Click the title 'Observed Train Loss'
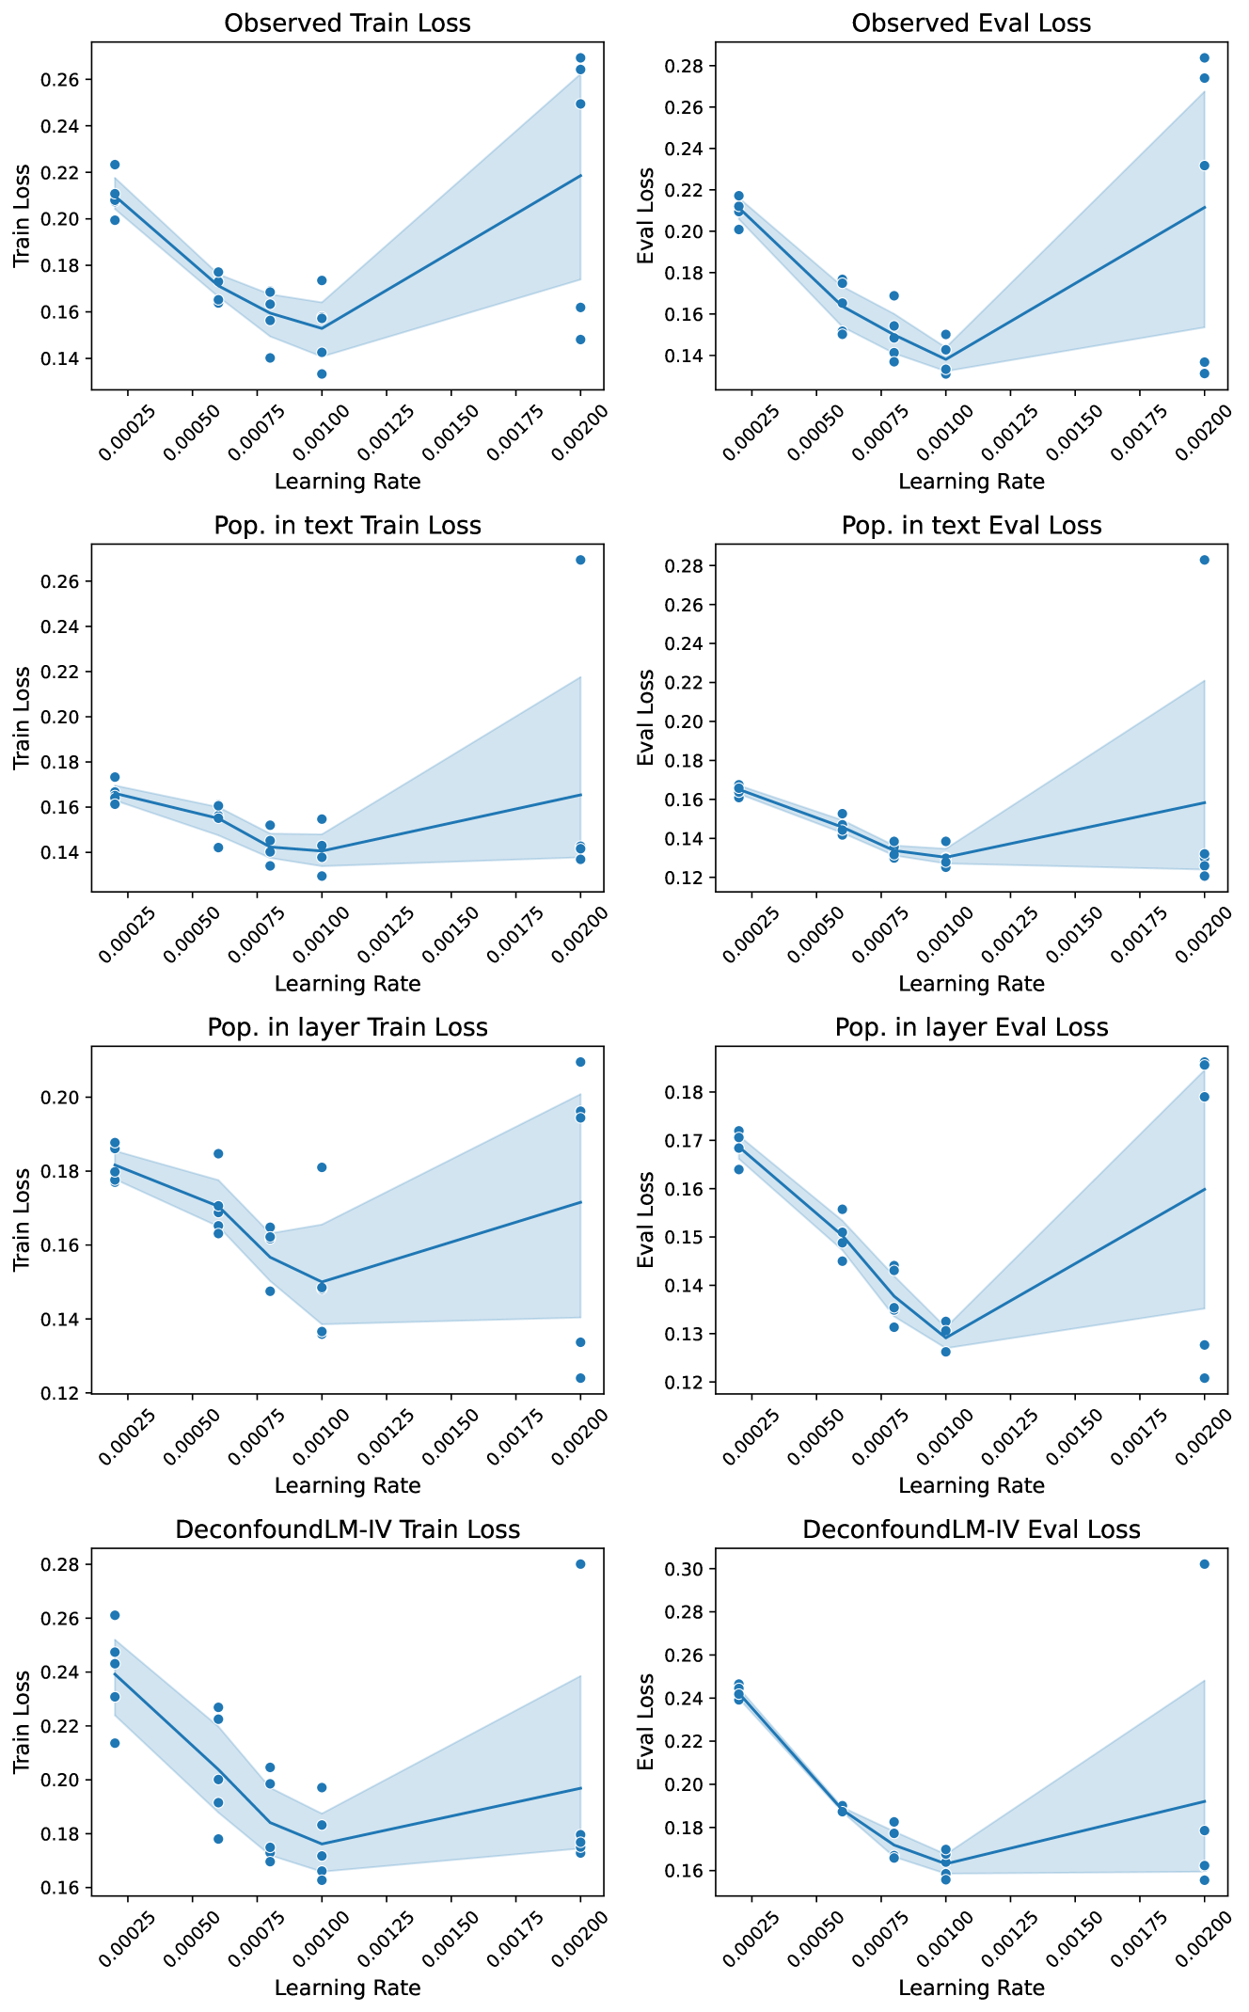pos(347,24)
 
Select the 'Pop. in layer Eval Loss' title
pos(972,1027)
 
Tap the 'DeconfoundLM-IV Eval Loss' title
pos(972,1529)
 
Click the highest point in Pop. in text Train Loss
pos(580,560)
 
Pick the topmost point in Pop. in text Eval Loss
pos(1204,560)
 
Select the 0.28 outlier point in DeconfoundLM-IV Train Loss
pos(580,1564)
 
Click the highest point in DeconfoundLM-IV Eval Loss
pos(1204,1564)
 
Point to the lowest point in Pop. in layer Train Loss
pos(580,1378)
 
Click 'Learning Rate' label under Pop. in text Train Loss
pos(347,984)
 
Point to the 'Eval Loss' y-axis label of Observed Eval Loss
pos(646,216)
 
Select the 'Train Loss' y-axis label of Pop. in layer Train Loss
pos(23,1220)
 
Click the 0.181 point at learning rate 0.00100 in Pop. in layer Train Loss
pos(322,1167)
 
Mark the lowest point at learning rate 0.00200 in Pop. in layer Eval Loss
pos(1204,1378)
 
